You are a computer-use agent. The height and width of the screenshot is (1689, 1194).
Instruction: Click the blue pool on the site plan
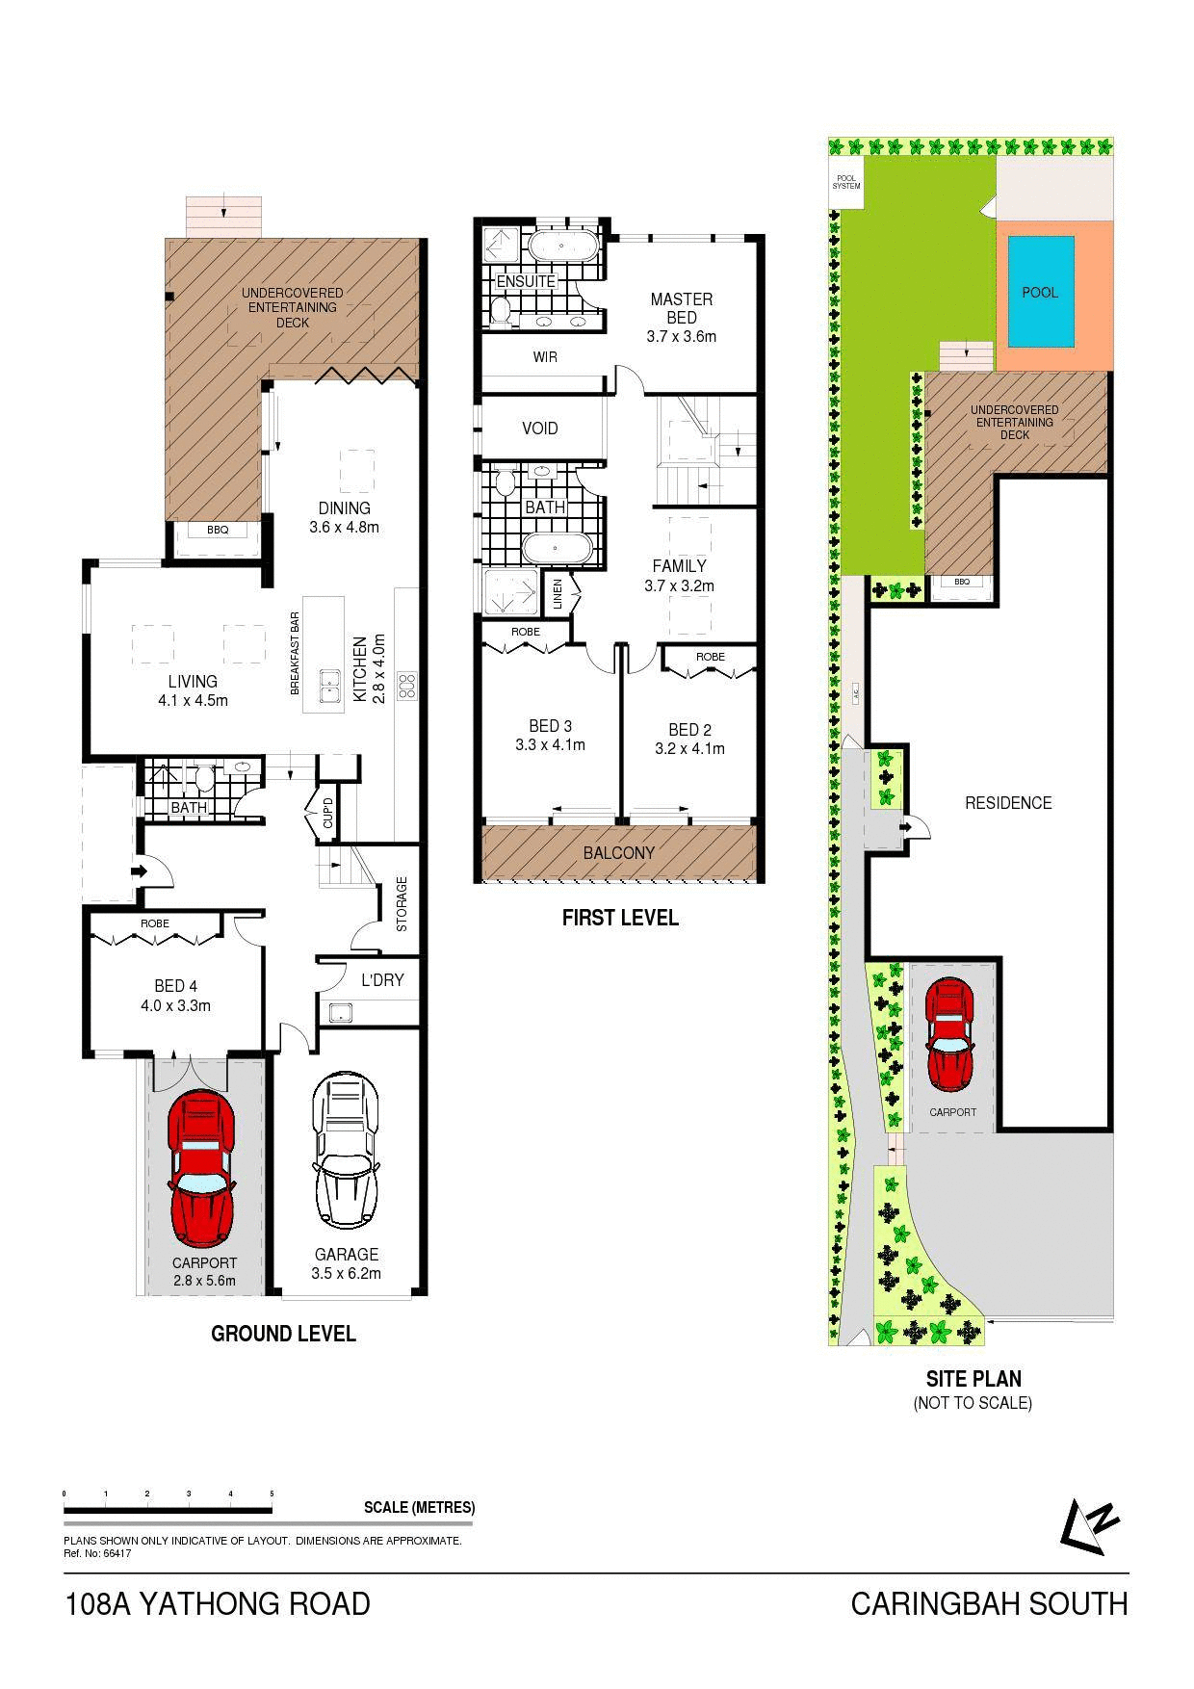pyautogui.click(x=1040, y=292)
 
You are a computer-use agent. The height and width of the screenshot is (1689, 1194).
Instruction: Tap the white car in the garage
pyautogui.click(x=345, y=1152)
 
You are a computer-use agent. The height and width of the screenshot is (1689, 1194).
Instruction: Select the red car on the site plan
pyautogui.click(x=950, y=1034)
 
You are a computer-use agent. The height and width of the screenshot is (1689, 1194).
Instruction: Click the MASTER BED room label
pyautogui.click(x=682, y=308)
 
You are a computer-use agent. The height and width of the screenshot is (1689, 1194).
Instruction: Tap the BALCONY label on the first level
pyautogui.click(x=619, y=853)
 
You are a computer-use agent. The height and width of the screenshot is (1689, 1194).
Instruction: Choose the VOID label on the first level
pyautogui.click(x=539, y=429)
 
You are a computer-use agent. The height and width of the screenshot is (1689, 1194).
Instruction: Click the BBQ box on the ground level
pyautogui.click(x=218, y=530)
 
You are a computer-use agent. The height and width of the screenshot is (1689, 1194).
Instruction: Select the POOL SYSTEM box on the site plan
pyautogui.click(x=846, y=182)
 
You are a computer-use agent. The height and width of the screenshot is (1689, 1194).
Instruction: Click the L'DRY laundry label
pyautogui.click(x=382, y=980)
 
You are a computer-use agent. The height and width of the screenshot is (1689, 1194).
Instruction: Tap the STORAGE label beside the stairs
pyautogui.click(x=402, y=903)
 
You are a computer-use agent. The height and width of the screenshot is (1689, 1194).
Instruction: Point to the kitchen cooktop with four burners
pyautogui.click(x=407, y=685)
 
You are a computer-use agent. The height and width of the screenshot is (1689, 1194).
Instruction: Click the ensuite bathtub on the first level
pyautogui.click(x=559, y=246)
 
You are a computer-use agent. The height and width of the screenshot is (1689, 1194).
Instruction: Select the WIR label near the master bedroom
pyautogui.click(x=545, y=357)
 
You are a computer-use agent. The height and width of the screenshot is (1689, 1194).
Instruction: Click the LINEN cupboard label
pyautogui.click(x=558, y=594)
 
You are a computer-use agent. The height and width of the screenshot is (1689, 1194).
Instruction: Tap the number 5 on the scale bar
pyautogui.click(x=273, y=1494)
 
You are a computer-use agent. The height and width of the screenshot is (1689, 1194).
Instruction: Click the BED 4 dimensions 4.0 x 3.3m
pyautogui.click(x=176, y=1006)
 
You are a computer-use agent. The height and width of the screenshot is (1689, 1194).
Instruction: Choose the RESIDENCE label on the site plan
pyautogui.click(x=1008, y=803)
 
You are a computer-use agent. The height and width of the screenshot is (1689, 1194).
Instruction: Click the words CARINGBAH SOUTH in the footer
pyautogui.click(x=989, y=1604)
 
